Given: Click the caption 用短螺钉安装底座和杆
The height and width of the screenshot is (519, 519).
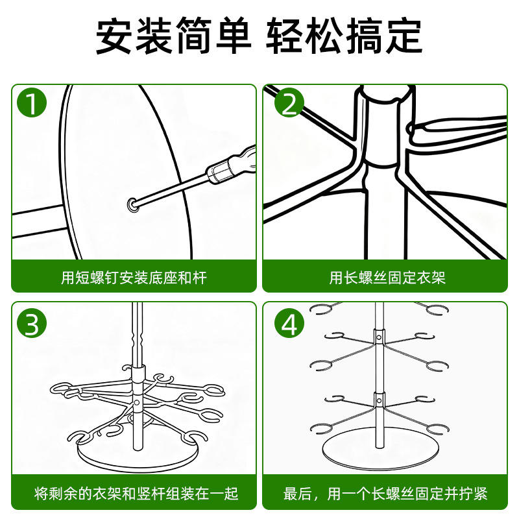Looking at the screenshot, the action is coord(134,278).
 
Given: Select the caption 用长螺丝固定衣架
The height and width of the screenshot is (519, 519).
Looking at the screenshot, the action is coord(387,278).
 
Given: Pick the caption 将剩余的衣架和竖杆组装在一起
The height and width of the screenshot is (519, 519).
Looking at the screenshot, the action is coord(134,494).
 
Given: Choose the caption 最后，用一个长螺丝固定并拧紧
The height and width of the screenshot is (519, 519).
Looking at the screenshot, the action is coord(387,494).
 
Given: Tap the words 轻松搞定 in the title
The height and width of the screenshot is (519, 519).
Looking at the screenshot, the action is coord(344,36).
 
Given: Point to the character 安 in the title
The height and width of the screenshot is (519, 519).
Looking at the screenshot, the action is coord(115,36).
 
